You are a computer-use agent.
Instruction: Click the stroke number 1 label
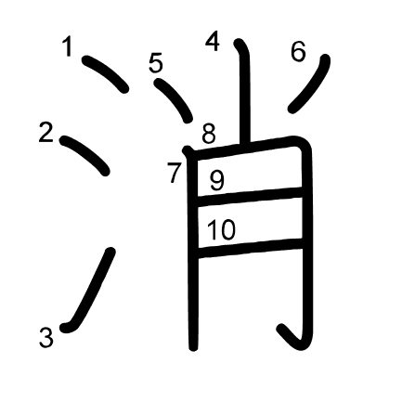pyautogui.click(x=68, y=46)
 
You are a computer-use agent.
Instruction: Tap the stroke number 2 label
pyautogui.click(x=46, y=132)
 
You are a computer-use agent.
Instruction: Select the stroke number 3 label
pyautogui.click(x=46, y=337)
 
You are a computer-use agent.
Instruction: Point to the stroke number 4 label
pyautogui.click(x=213, y=41)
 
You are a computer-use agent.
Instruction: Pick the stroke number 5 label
pyautogui.click(x=156, y=62)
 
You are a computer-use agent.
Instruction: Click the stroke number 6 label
pyautogui.click(x=298, y=51)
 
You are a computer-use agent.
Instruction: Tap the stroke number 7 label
pyautogui.click(x=174, y=173)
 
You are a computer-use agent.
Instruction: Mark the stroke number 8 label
pyautogui.click(x=209, y=134)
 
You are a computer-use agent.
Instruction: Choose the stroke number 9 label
pyautogui.click(x=217, y=180)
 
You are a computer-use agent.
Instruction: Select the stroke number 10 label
pyautogui.click(x=221, y=229)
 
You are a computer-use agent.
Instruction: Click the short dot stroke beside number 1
pyautogui.click(x=106, y=74)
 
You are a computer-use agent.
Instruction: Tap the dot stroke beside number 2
pyautogui.click(x=84, y=155)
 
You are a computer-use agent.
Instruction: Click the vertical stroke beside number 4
pyautogui.click(x=245, y=93)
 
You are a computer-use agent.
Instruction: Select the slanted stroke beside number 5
pyautogui.click(x=175, y=99)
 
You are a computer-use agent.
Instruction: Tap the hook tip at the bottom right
pyautogui.click(x=281, y=329)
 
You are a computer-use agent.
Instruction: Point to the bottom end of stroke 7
pyautogui.click(x=193, y=348)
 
